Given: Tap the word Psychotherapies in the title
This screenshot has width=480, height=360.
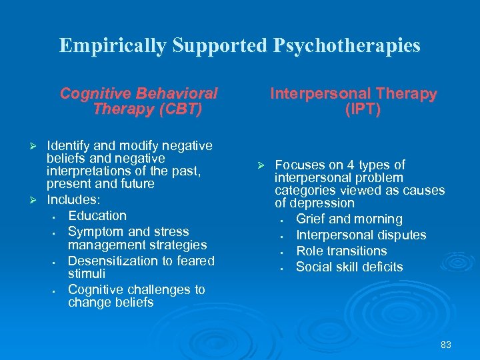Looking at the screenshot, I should [x=346, y=45].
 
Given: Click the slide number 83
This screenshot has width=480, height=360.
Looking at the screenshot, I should [x=446, y=345].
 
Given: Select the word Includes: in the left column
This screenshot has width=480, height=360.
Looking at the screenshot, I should [x=73, y=199].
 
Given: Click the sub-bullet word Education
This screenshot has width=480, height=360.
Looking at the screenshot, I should [x=97, y=215].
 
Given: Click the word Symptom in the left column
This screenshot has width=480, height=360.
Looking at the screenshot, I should [x=95, y=231].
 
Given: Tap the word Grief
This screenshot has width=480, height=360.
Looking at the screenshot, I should [x=311, y=219].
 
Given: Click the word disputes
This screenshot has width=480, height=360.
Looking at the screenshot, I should [x=403, y=235].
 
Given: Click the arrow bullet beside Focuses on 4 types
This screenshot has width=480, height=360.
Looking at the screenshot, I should [x=262, y=165].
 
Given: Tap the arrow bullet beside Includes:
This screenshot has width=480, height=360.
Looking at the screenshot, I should [x=37, y=200].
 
